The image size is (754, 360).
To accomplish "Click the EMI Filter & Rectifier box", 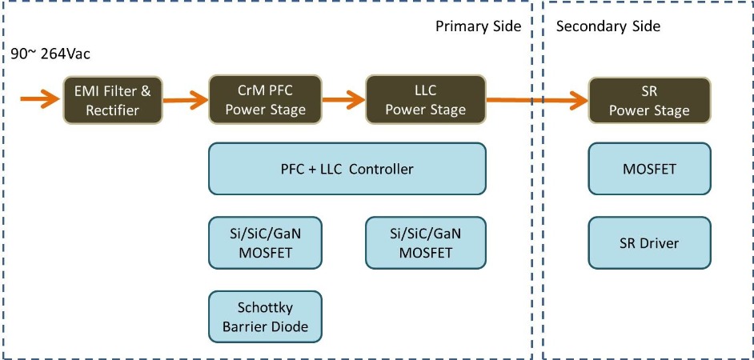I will click(x=113, y=100).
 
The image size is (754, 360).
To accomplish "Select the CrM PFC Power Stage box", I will click(x=265, y=100).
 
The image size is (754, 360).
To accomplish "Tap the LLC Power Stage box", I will click(x=425, y=100).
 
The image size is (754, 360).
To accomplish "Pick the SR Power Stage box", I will click(x=648, y=100).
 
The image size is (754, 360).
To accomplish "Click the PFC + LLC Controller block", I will click(x=347, y=169).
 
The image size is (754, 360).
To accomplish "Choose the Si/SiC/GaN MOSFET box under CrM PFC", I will click(x=265, y=242).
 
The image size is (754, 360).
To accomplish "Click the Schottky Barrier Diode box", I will click(x=265, y=317).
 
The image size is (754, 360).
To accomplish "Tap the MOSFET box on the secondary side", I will click(x=648, y=169).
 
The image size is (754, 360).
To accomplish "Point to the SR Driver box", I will click(x=648, y=242).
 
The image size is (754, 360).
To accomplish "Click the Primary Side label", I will click(x=478, y=26).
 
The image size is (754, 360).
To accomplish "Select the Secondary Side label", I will click(x=608, y=26).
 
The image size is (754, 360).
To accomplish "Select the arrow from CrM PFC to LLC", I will click(x=343, y=100).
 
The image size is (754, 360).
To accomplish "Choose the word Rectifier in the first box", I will click(x=113, y=110).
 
